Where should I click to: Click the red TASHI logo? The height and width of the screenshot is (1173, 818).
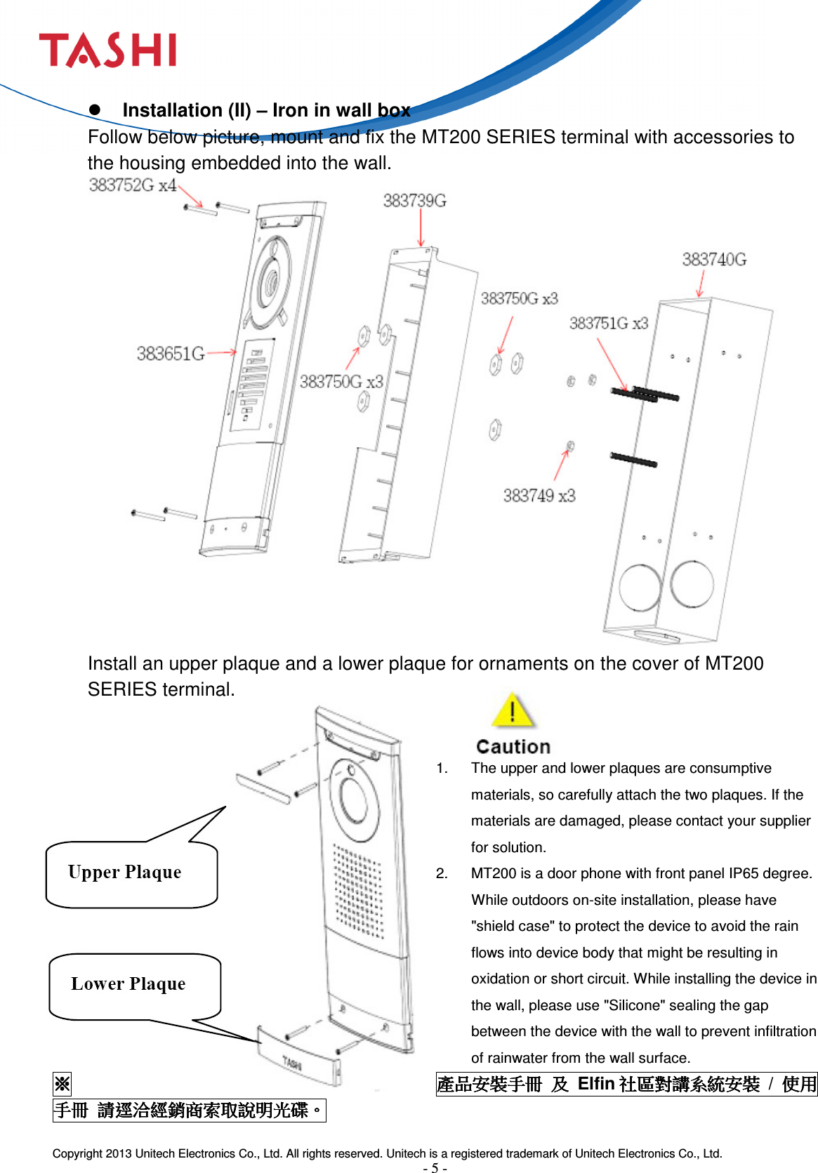click(x=107, y=50)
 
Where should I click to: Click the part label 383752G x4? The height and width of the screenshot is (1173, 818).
click(x=132, y=185)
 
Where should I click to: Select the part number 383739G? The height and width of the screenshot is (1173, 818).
click(x=414, y=201)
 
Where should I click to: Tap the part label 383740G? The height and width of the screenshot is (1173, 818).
click(x=713, y=260)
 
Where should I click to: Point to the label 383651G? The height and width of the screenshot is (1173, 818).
click(x=171, y=354)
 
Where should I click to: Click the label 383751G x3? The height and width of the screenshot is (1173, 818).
click(x=608, y=324)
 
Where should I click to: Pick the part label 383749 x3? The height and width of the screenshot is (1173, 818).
click(x=539, y=496)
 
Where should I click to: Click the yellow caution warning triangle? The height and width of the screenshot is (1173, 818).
click(x=513, y=711)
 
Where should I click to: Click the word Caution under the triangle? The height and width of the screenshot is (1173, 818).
click(x=513, y=747)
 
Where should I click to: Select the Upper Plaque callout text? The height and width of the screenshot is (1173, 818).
click(x=125, y=873)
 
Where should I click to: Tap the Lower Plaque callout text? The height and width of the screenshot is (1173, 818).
click(x=128, y=984)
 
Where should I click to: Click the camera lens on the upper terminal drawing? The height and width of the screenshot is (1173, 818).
click(x=270, y=282)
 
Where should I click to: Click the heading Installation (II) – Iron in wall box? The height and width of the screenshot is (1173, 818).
click(x=266, y=110)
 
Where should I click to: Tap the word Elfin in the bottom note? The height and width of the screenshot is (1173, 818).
click(x=595, y=1084)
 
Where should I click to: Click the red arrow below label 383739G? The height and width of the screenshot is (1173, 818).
click(x=421, y=227)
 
